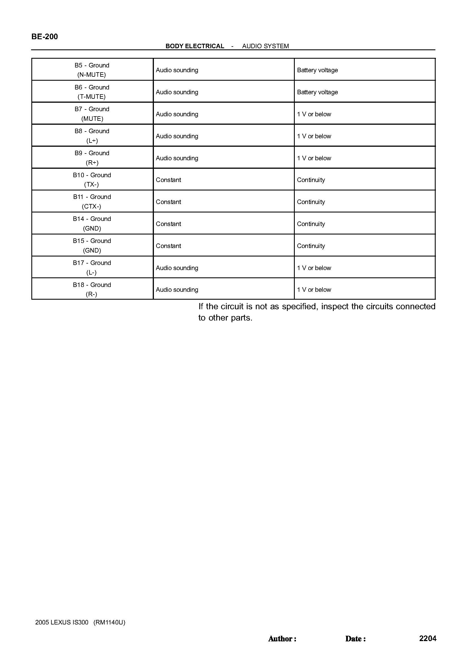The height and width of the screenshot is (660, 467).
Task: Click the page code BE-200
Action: click(x=45, y=36)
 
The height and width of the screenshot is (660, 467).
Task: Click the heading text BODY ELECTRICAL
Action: click(x=195, y=46)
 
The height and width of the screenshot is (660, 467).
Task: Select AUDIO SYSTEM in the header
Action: click(x=265, y=46)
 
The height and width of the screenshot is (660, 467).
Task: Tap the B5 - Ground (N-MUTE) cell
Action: click(x=92, y=70)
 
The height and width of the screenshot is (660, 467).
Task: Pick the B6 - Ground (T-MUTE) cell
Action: click(x=92, y=92)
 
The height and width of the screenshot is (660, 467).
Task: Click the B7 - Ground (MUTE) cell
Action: click(x=92, y=114)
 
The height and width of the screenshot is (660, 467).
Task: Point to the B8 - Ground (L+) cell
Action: click(x=92, y=136)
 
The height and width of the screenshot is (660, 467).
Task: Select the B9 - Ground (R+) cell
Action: click(x=92, y=158)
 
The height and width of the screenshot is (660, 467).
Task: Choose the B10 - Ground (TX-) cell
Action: click(x=92, y=180)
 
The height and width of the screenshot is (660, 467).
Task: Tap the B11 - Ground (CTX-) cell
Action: click(x=92, y=201)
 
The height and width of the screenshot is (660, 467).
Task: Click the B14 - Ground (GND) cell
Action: click(x=92, y=224)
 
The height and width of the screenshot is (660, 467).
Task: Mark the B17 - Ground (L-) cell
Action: click(x=92, y=267)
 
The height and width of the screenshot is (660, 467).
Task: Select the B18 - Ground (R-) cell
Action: click(x=92, y=290)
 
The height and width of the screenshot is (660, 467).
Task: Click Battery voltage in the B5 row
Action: click(x=317, y=70)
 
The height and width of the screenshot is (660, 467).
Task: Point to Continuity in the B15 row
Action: click(x=311, y=246)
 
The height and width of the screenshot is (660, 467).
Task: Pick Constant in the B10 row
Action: click(x=168, y=180)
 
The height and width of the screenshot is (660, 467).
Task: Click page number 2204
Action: click(x=427, y=638)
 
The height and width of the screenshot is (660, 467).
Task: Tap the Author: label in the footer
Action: click(x=282, y=639)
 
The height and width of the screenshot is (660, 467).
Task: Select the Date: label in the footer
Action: click(x=355, y=639)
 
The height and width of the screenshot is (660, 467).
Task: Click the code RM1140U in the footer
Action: click(x=109, y=622)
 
